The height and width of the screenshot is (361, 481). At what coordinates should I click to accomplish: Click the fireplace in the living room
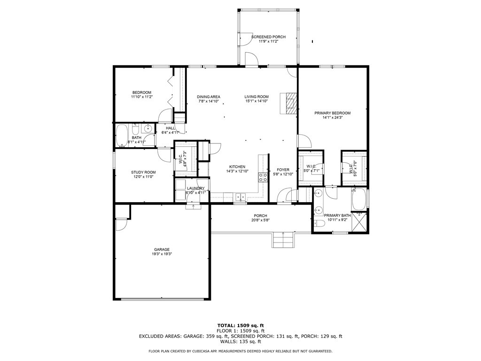(x=289, y=103)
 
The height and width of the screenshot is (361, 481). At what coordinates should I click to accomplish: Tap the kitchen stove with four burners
(x=263, y=177)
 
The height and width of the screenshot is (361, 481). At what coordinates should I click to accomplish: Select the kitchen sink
(x=240, y=196)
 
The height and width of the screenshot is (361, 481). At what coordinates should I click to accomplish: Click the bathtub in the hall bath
(x=122, y=135)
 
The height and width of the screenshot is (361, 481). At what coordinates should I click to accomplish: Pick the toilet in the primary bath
(x=319, y=223)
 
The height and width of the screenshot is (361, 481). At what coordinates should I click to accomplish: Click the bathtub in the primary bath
(x=359, y=199)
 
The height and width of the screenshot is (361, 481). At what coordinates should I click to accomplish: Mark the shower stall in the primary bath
(x=359, y=222)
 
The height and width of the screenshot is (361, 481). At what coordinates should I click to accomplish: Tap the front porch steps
(x=283, y=240)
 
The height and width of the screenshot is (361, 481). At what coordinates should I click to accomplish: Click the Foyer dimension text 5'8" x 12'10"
(x=283, y=174)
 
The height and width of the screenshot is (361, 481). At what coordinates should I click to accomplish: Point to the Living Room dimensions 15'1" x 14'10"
(x=257, y=101)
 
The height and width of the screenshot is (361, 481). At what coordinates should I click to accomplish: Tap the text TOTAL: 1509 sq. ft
(x=240, y=325)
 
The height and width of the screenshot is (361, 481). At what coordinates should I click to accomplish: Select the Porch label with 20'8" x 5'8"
(x=260, y=218)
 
